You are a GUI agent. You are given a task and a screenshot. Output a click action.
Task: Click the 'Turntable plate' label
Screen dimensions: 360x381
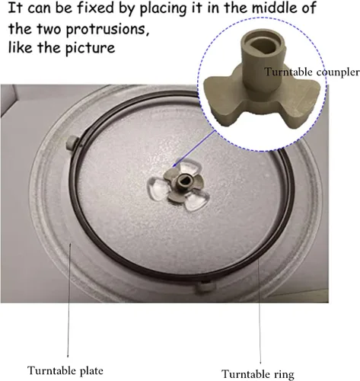pos(65,370)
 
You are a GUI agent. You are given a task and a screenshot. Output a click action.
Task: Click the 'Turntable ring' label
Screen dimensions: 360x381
pos(258,374)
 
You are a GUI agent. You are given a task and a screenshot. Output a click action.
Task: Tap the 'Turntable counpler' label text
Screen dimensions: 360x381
pos(312,72)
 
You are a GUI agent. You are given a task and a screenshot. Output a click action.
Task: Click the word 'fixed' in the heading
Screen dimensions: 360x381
pos(95,8)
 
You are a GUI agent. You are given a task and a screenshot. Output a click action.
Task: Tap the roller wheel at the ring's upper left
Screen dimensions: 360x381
pos(72,142)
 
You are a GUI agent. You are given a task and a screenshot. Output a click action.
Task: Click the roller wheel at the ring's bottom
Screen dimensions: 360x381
pos(205,287)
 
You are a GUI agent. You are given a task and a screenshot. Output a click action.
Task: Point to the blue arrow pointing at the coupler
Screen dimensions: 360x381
pos(193,149)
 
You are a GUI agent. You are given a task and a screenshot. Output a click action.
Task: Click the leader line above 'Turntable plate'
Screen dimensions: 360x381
pos(69,299)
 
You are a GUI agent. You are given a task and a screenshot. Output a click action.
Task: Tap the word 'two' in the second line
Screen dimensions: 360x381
pos(49,30)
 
